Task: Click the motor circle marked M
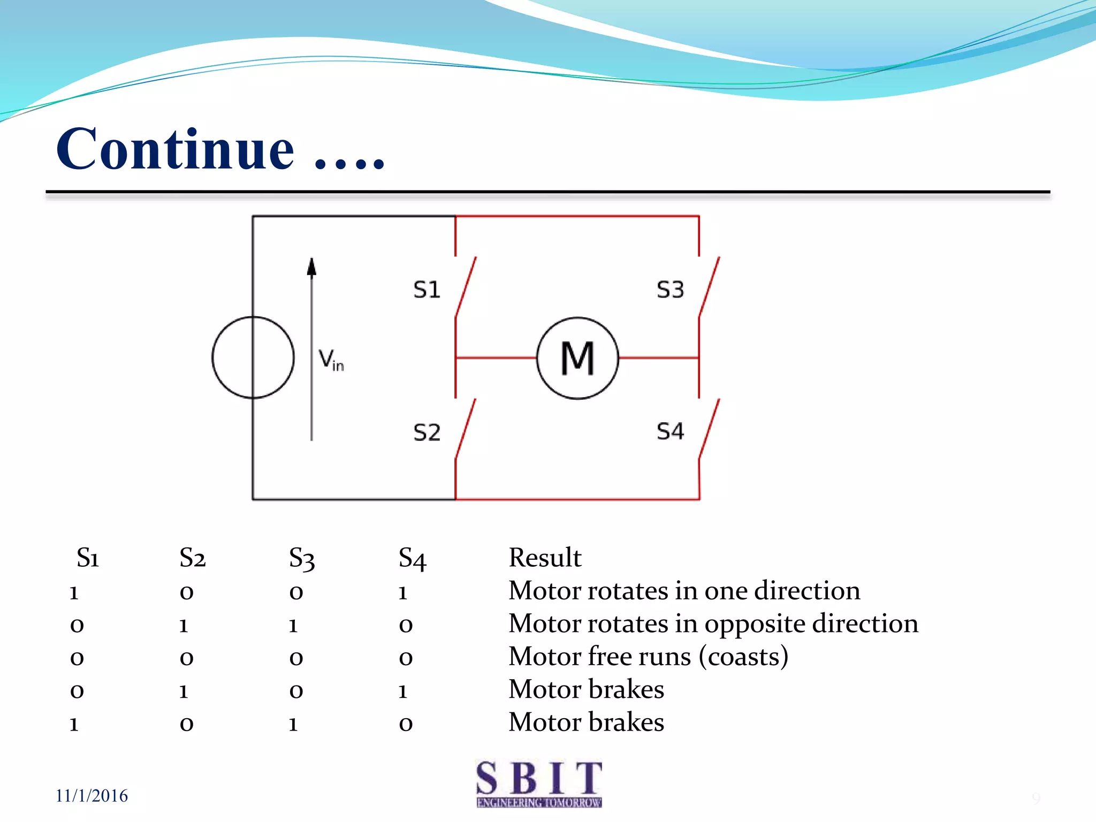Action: point(577,358)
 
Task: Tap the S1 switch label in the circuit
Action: point(427,290)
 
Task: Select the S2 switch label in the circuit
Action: point(427,432)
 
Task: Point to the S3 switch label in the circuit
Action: point(670,290)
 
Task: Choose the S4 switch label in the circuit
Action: point(670,431)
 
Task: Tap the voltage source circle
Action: point(253,357)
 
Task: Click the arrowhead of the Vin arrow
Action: point(311,266)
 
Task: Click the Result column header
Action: point(544,558)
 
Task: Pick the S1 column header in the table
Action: point(88,558)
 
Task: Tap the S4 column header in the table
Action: point(412,559)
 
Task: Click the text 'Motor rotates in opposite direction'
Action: point(713,624)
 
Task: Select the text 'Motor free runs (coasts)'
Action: point(648,657)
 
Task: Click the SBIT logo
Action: point(539,783)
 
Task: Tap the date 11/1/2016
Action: point(92,796)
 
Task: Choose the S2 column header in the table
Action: point(193,558)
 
